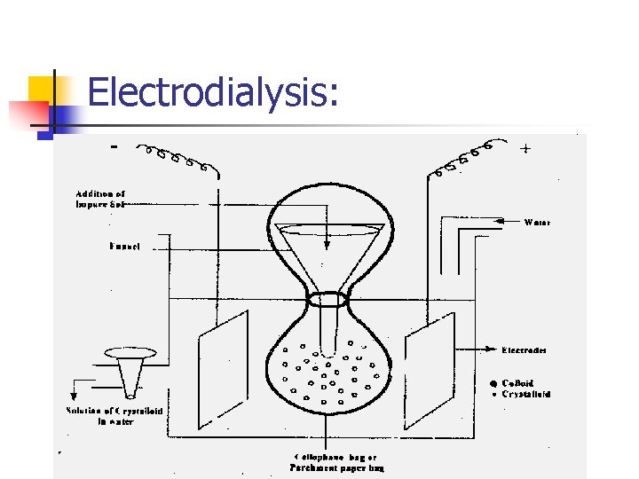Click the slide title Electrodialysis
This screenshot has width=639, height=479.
pyautogui.click(x=213, y=92)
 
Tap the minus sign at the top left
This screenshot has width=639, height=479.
pyautogui.click(x=113, y=146)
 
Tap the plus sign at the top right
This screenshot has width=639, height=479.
pyautogui.click(x=526, y=149)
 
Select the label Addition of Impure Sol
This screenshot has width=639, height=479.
pyautogui.click(x=100, y=199)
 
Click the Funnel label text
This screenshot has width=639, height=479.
pyautogui.click(x=125, y=246)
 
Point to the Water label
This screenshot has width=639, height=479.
pyautogui.click(x=537, y=222)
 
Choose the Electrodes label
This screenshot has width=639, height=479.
pyautogui.click(x=525, y=349)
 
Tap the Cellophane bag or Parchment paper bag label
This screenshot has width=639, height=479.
pyautogui.click(x=338, y=462)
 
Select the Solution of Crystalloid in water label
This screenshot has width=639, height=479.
pyautogui.click(x=114, y=416)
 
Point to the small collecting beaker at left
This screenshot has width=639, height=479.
pyautogui.click(x=129, y=371)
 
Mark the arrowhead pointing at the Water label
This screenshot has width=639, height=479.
pyautogui.click(x=499, y=221)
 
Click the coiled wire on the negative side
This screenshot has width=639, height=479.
pyautogui.click(x=177, y=156)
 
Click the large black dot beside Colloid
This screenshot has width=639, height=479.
pyautogui.click(x=492, y=383)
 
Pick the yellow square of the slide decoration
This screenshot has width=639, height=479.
pyautogui.click(x=44, y=90)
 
